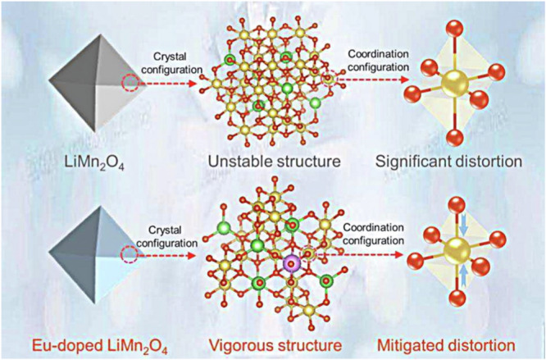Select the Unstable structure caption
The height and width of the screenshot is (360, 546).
point(272,159)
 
